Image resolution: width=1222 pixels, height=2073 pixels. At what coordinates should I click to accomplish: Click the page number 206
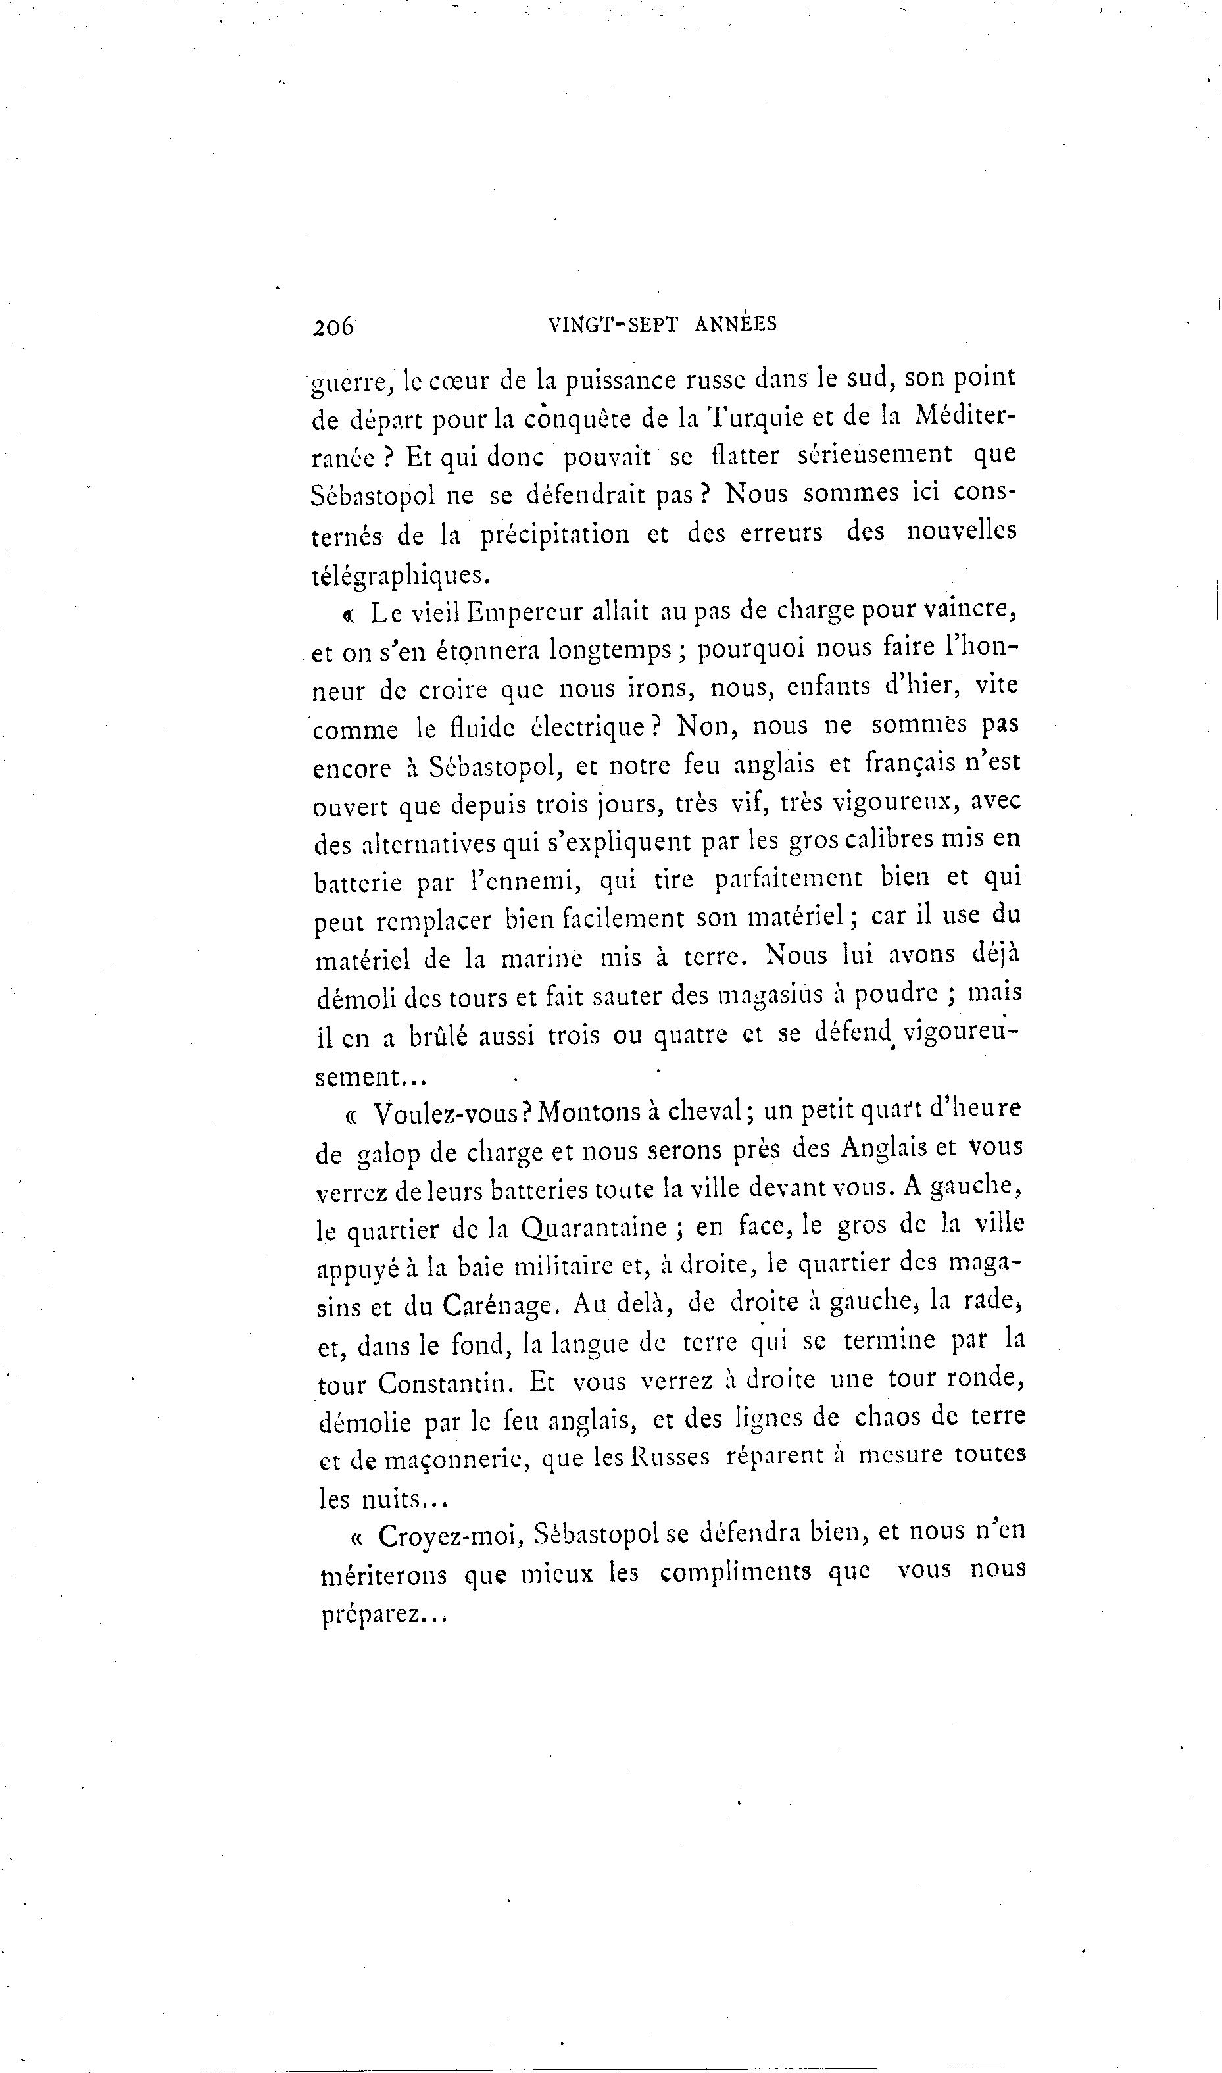[x=333, y=326]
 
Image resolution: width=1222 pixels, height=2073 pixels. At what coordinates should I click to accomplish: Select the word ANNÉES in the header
[x=735, y=324]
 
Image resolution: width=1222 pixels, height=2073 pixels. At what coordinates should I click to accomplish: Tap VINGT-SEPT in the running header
[x=613, y=324]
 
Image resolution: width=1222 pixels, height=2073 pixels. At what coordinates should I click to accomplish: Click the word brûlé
[x=438, y=1036]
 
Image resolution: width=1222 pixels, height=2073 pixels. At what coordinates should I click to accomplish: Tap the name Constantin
[x=448, y=1383]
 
